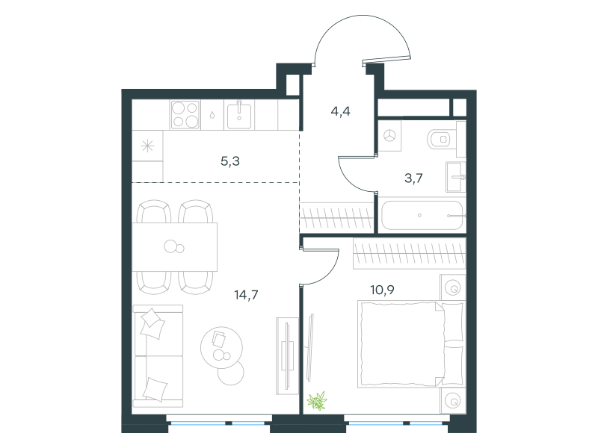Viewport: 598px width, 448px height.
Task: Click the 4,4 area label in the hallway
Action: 341,111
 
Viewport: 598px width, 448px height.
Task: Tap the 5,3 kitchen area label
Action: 230,161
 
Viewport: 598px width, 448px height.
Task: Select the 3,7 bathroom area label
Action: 413,178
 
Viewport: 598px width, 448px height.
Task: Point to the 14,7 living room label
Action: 246,294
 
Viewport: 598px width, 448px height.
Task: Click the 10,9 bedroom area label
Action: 382,290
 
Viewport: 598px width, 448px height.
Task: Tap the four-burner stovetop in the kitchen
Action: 185,115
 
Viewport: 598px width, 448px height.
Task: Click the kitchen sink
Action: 239,116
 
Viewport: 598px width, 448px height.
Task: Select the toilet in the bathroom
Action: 440,140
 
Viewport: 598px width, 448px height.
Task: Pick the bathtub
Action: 422,216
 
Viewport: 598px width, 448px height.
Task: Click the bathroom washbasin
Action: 456,177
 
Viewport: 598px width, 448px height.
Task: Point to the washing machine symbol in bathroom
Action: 389,136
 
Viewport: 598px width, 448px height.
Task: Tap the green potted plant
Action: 317,401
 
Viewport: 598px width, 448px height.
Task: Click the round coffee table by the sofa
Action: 221,347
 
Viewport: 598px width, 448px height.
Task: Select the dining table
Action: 175,247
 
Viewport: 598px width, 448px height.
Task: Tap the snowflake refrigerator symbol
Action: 147,146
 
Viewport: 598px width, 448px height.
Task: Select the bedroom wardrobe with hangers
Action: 410,253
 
